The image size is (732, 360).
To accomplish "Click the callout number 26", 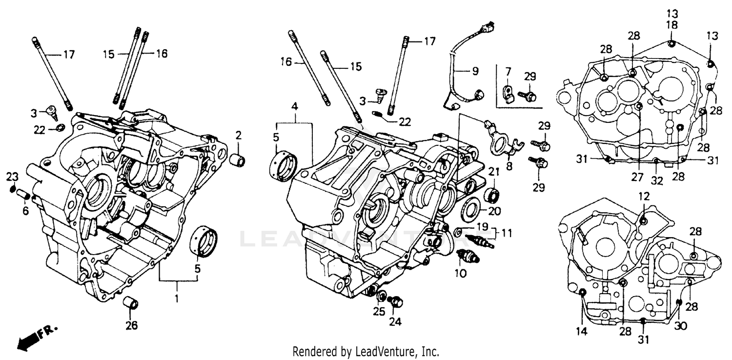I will pos(132,325).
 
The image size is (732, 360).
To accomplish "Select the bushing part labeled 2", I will pos(238,160).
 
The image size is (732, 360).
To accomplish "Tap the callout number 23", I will pos(12,176).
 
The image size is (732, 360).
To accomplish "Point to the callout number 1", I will pos(177,298).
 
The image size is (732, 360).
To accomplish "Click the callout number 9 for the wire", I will pos(475,71).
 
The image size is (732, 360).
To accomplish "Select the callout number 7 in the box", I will pos(508,72).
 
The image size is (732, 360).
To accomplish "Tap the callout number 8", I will pos(509,165).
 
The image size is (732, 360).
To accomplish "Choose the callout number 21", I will pos(494,171).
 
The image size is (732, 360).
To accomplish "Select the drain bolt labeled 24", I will pos(396,302).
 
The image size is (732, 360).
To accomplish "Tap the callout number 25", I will pos(380,310).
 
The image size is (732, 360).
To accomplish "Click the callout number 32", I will pos(657,180).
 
